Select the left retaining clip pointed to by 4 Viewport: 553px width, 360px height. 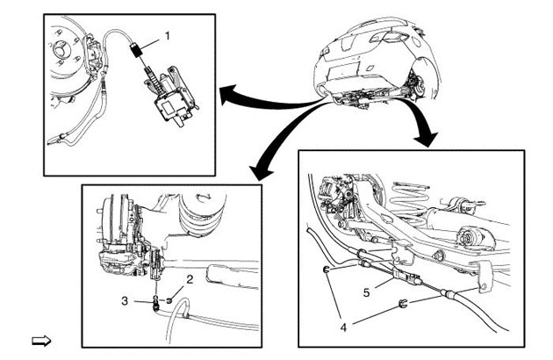pos(326,270)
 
